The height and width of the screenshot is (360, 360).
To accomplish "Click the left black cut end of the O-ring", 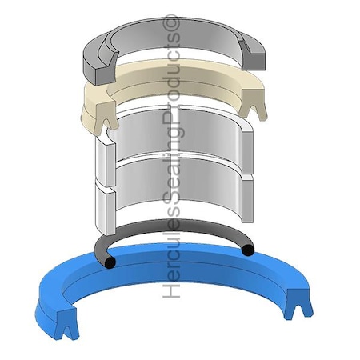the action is click(x=110, y=262).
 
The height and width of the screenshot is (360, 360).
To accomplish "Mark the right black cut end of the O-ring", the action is click(x=248, y=250).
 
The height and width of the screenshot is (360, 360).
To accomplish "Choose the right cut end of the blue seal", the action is click(x=298, y=304).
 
